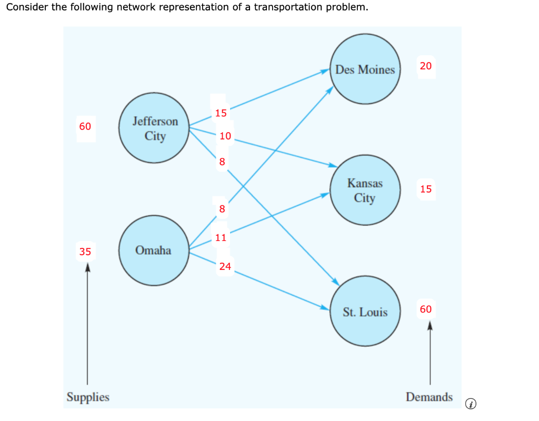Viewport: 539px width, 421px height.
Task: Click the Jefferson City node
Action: coord(155,128)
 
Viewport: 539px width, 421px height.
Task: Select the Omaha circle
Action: coord(153,250)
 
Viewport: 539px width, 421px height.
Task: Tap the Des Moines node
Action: coord(365,69)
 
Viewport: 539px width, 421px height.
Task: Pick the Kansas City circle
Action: coord(365,191)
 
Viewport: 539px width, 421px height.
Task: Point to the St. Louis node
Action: coord(365,312)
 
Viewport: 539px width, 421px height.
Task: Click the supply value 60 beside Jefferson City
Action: coord(85,126)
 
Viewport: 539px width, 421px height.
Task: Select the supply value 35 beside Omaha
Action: coord(85,252)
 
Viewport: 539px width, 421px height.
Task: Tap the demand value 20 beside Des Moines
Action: coord(426,66)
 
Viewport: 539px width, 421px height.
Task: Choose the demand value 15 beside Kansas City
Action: coord(426,189)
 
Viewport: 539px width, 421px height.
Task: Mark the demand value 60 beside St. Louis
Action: coord(426,309)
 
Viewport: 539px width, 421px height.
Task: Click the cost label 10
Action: coord(225,136)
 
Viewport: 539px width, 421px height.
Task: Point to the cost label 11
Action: coord(221,237)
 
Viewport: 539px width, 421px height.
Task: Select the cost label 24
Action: coord(225,266)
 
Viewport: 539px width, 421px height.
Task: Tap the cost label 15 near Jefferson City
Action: coord(221,113)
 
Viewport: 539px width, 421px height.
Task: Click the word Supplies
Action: coord(88,397)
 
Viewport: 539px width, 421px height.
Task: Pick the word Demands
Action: coord(429,397)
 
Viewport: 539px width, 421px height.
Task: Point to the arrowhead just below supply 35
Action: coord(87,267)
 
